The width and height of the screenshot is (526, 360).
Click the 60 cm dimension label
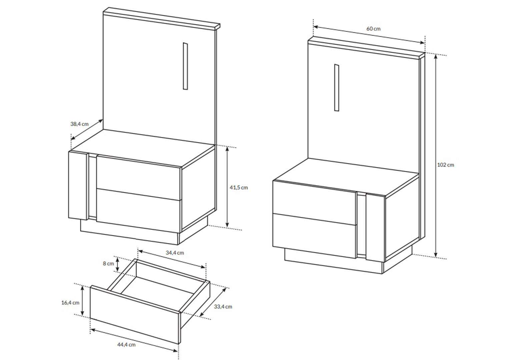click(x=373, y=29)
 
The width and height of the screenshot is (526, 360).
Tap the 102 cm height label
click(x=446, y=165)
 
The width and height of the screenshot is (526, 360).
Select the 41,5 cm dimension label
click(x=238, y=187)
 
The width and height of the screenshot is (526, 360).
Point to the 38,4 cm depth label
click(x=79, y=124)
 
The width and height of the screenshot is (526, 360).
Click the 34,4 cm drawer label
click(x=175, y=253)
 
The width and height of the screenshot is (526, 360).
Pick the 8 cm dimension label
click(x=108, y=263)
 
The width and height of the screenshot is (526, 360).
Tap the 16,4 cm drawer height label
click(x=70, y=303)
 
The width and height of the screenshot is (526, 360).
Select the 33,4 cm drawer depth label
click(x=223, y=306)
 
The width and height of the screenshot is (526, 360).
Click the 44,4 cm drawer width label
click(x=126, y=345)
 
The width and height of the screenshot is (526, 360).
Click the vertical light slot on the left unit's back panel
click(x=185, y=66)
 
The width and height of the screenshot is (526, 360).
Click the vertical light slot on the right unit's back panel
click(x=337, y=88)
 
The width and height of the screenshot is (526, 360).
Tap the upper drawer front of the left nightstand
click(x=138, y=177)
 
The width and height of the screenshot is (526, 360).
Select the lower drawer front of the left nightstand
click(x=138, y=211)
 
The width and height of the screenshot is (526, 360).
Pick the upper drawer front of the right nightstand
click(x=315, y=203)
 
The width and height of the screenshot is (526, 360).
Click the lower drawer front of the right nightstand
click(x=315, y=236)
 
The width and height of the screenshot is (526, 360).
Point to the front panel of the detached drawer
click(x=135, y=314)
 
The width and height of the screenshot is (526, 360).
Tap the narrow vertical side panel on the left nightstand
click(x=78, y=186)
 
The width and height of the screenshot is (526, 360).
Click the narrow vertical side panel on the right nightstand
click(x=375, y=228)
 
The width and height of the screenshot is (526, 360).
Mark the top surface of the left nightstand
click(x=142, y=148)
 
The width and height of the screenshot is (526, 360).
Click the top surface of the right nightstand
click(x=346, y=177)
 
